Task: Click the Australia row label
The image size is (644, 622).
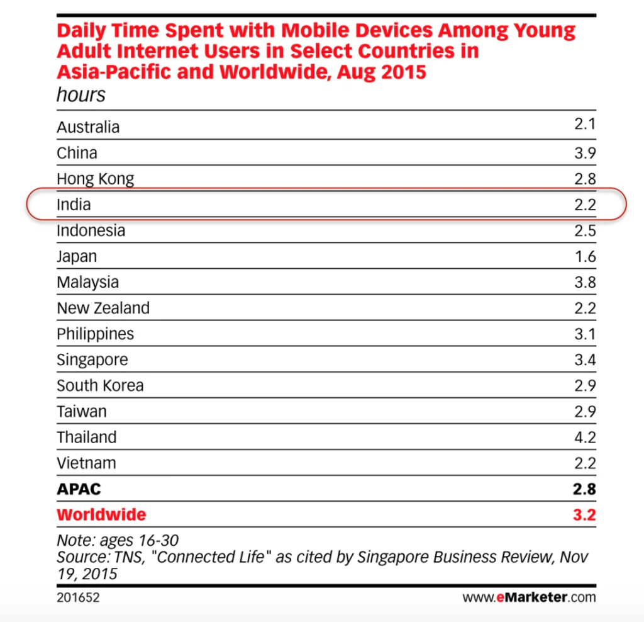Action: pyautogui.click(x=88, y=127)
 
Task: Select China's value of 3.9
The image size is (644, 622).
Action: pyautogui.click(x=584, y=153)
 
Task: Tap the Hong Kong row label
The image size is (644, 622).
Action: pyautogui.click(x=96, y=179)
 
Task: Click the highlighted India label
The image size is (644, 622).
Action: pyautogui.click(x=74, y=205)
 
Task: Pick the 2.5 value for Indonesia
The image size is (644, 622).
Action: pyautogui.click(x=584, y=230)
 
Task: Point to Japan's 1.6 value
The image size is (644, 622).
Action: pyautogui.click(x=584, y=256)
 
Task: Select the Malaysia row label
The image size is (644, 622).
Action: pyautogui.click(x=87, y=282)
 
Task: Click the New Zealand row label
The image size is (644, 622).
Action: pyautogui.click(x=103, y=308)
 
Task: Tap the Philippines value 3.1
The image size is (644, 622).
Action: pyautogui.click(x=584, y=334)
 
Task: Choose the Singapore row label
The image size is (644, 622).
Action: pyautogui.click(x=92, y=359)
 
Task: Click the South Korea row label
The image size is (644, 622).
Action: pyautogui.click(x=100, y=385)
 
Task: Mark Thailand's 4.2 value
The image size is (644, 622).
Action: pyautogui.click(x=584, y=437)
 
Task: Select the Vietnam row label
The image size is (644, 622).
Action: pyautogui.click(x=86, y=463)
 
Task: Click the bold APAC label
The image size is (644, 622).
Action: pyautogui.click(x=79, y=489)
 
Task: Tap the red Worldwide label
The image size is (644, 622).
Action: pyautogui.click(x=101, y=514)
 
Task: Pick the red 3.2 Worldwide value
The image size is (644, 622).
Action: pyautogui.click(x=584, y=514)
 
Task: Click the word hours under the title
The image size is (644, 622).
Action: pyautogui.click(x=81, y=95)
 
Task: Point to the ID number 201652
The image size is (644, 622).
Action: pyautogui.click(x=78, y=597)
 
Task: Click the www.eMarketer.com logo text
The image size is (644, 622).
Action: pyautogui.click(x=529, y=597)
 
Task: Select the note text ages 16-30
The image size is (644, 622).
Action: pyautogui.click(x=118, y=540)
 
